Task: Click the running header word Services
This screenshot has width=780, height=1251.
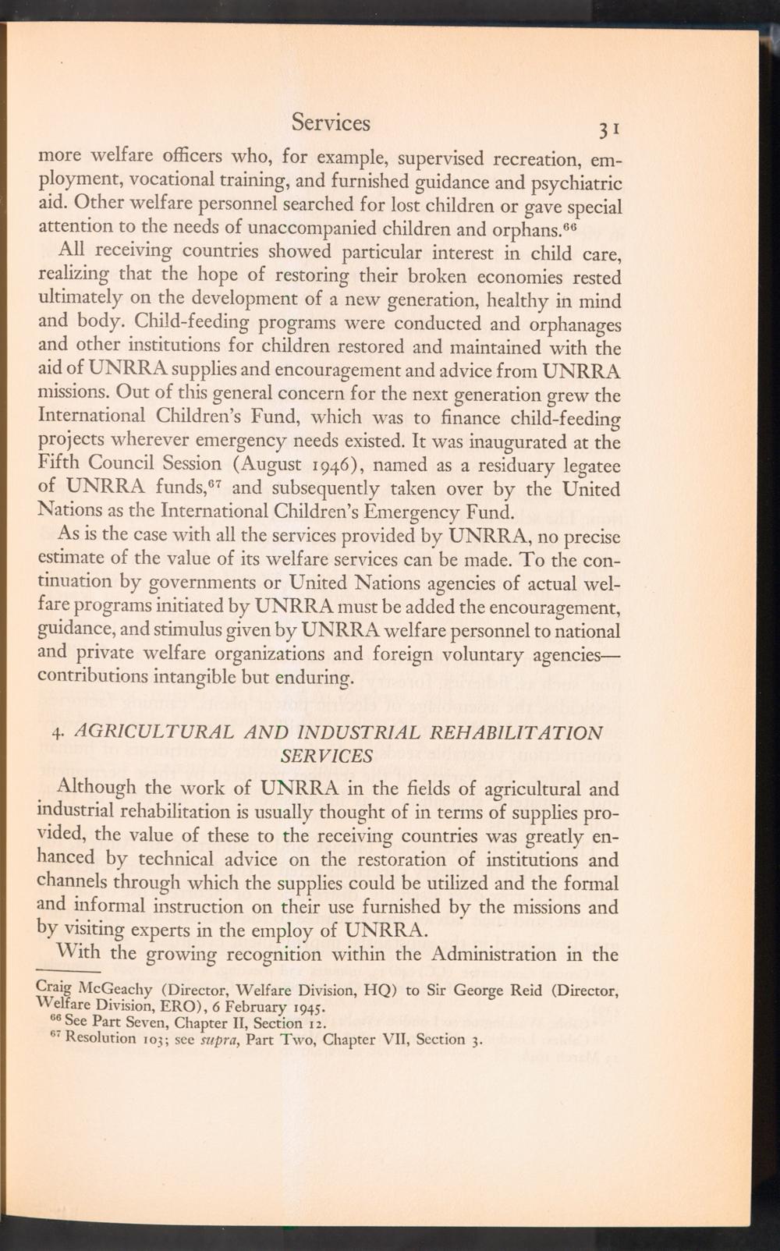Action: [x=331, y=122]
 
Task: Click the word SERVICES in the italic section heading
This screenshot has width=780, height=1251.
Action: [x=326, y=757]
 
